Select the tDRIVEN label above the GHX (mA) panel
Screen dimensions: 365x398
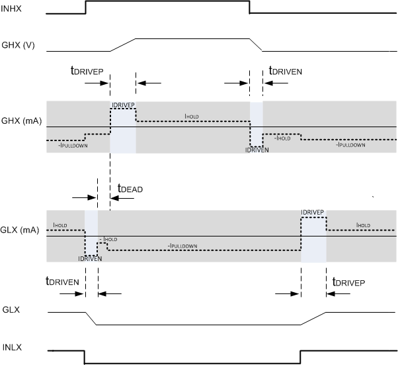[x=286, y=71]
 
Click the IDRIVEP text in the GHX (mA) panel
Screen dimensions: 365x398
[x=122, y=105]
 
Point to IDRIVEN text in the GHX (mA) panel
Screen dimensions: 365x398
[x=256, y=150]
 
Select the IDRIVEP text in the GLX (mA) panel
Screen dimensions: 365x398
[x=312, y=213]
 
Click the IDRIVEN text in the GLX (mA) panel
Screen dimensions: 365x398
[x=89, y=260]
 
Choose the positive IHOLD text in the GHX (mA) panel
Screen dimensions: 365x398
[x=192, y=116]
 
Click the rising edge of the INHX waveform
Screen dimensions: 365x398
[x=85, y=7]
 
